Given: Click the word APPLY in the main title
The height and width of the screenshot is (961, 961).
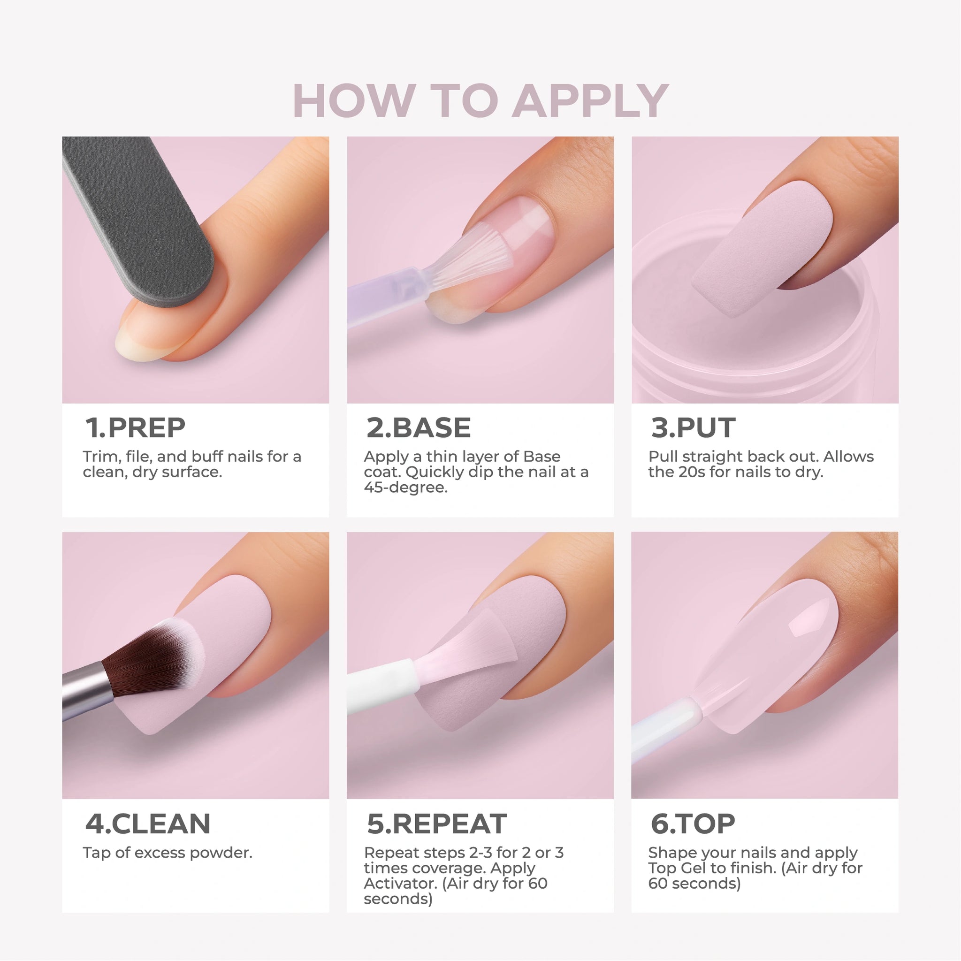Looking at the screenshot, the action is [590, 100].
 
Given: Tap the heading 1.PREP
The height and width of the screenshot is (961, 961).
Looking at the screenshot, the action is [135, 428].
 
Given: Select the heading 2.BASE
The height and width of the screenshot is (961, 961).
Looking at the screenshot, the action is [418, 428].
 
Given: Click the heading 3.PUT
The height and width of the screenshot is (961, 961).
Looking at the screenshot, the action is [693, 428].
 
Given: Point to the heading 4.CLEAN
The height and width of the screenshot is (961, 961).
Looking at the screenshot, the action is [148, 824].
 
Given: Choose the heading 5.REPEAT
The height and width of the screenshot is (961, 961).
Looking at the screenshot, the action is [437, 824].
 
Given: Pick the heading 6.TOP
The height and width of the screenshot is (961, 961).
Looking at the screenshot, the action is [693, 824].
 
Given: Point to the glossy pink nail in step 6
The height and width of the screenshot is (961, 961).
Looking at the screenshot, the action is [776, 652].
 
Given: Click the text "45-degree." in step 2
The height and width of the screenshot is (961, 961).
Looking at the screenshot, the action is [405, 488].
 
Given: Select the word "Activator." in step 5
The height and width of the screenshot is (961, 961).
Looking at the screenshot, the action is [400, 884].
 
